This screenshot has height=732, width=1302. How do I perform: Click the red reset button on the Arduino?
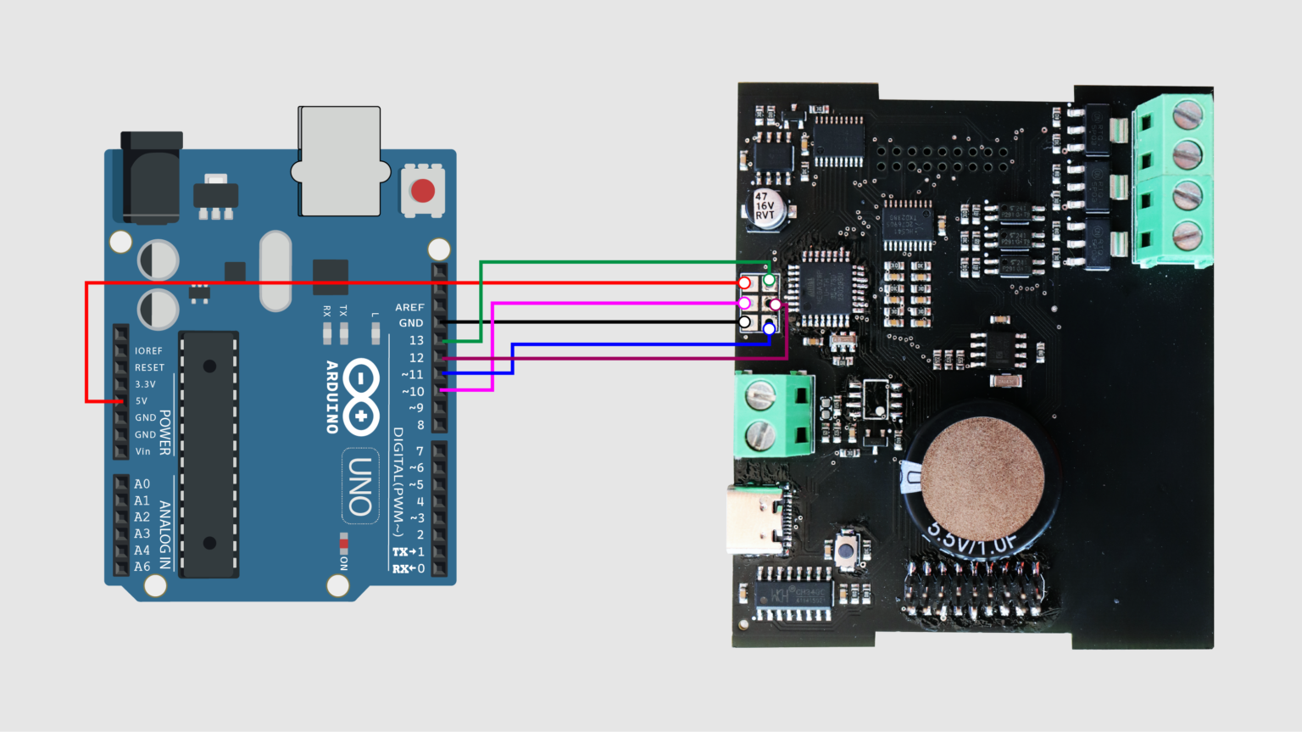point(422,190)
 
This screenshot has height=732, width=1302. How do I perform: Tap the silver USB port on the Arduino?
point(339,161)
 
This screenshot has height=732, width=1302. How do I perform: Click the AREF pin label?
point(409,307)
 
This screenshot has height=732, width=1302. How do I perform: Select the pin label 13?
point(416,340)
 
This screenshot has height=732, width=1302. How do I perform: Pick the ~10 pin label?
point(413,391)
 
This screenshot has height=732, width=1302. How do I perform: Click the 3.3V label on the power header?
point(145,384)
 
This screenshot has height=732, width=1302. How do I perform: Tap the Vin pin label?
point(142,451)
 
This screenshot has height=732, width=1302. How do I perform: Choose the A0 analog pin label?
point(142,484)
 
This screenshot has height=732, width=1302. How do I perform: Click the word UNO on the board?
point(360,487)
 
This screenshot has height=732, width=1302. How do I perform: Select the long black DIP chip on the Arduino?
point(209,455)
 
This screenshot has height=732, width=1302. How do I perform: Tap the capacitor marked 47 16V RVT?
point(765,206)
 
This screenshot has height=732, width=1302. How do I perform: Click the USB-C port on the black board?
point(756,519)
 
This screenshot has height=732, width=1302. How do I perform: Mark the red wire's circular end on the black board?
point(744,282)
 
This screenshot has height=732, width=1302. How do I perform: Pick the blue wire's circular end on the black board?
point(769,328)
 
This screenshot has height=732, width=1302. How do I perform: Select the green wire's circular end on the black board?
point(769,280)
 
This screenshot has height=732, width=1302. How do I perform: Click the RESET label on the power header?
point(149,367)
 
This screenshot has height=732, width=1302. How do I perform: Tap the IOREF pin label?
point(148,350)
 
